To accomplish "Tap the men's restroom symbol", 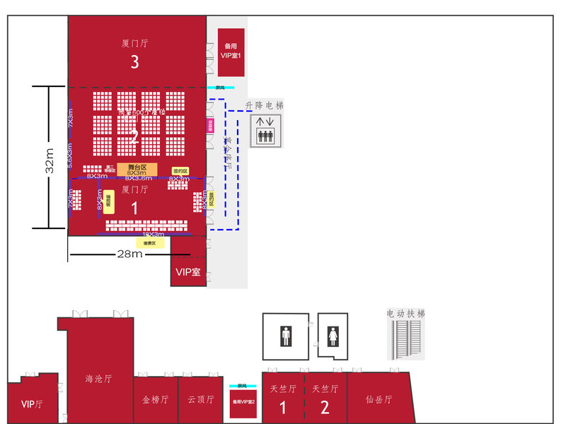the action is click(286, 336).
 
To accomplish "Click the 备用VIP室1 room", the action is click(231, 52).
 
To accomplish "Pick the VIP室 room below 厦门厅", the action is click(188, 271).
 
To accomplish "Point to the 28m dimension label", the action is click(131, 254).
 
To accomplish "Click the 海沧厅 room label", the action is click(98, 378).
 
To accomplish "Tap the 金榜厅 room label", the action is click(155, 399).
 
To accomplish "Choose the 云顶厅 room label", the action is click(201, 399).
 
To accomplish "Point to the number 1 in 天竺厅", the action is click(282, 408).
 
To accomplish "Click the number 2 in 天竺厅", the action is click(325, 408).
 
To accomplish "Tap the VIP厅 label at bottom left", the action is click(32, 404).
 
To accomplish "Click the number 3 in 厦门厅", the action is click(134, 62).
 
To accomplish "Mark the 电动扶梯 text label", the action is click(406, 312).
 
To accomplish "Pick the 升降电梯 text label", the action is click(264, 105).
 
